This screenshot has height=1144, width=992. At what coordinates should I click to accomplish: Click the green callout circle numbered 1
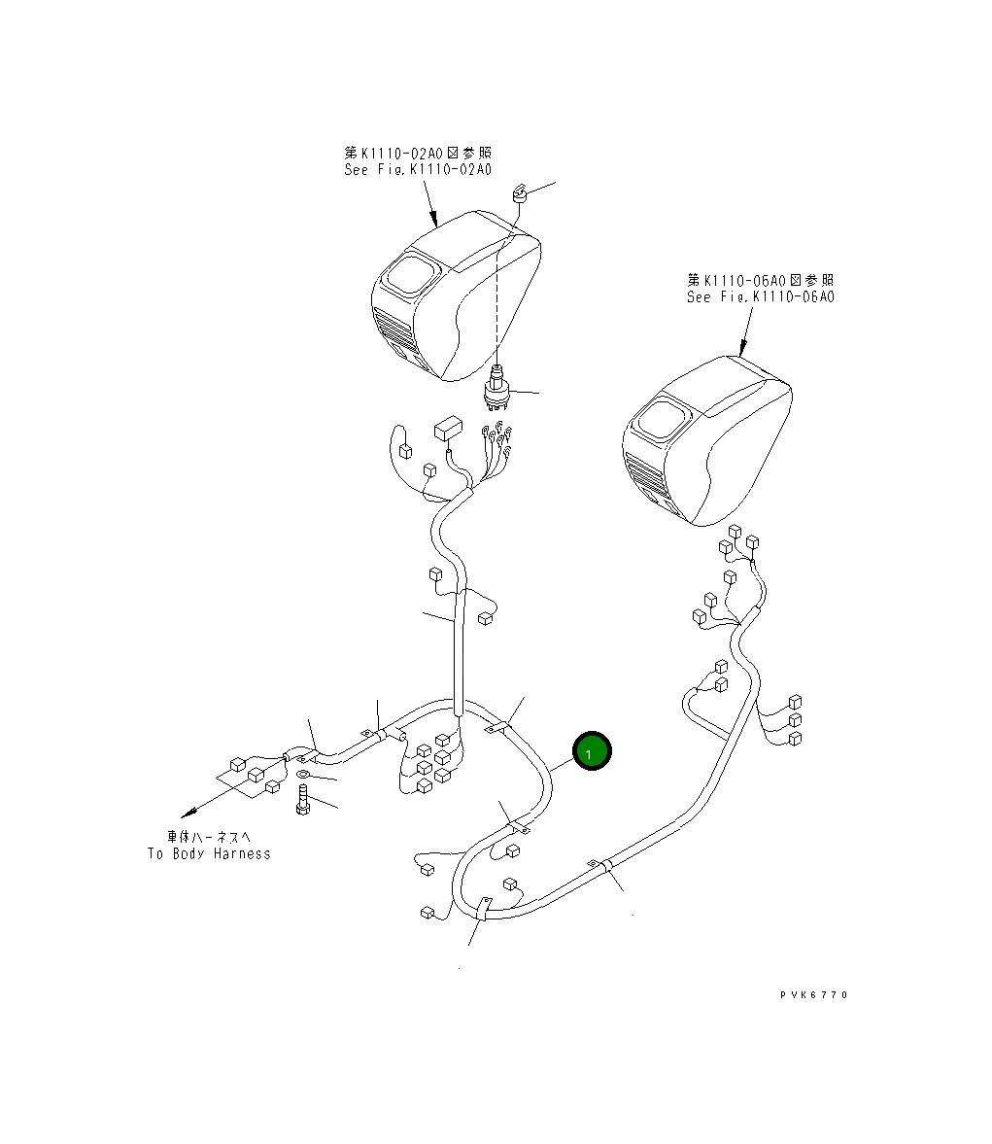tap(591, 752)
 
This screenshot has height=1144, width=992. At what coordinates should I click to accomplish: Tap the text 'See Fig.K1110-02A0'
tap(418, 170)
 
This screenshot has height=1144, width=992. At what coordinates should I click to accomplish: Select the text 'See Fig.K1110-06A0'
tap(760, 297)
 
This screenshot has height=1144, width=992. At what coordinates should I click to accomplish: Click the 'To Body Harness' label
tap(209, 853)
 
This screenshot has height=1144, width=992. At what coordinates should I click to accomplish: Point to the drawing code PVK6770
tap(813, 994)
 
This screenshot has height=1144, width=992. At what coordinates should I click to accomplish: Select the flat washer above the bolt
tap(303, 775)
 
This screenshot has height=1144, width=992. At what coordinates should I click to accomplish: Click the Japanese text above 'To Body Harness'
tap(209, 836)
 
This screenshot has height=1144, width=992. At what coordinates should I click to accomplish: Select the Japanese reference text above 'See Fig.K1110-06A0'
tap(760, 280)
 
